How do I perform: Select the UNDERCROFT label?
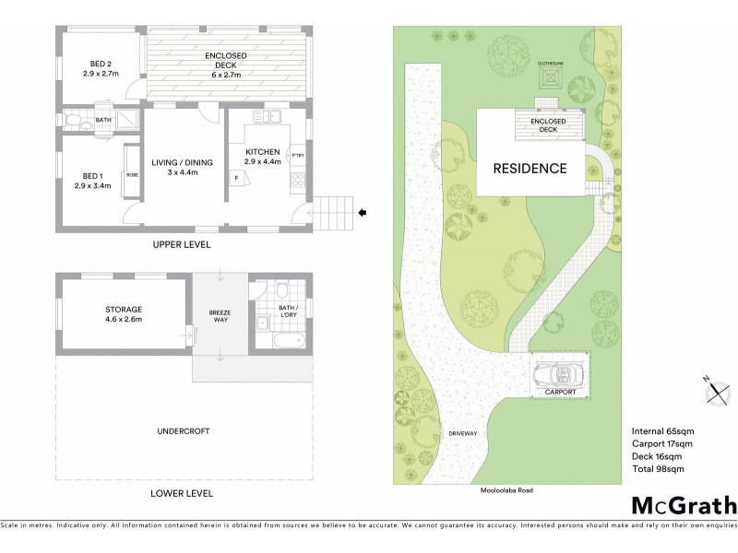[182, 430]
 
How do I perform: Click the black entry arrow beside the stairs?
[363, 213]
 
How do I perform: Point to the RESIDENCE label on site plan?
[530, 169]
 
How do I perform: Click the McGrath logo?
[684, 506]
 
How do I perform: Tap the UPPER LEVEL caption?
[182, 245]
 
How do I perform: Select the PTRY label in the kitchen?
[297, 156]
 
